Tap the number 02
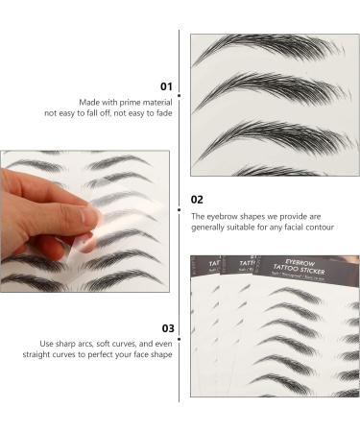coord(196,199)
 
